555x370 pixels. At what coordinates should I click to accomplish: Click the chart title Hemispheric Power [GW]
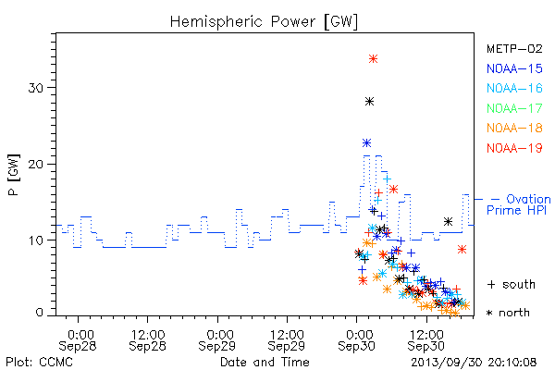click(264, 22)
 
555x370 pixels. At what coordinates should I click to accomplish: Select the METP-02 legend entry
click(514, 49)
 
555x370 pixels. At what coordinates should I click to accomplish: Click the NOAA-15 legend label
click(514, 68)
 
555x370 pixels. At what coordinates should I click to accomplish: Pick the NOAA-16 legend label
click(514, 88)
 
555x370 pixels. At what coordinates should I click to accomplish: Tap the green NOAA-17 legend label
click(514, 108)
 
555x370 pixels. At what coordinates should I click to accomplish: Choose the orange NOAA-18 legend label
click(514, 128)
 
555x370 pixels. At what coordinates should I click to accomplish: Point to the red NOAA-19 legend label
click(514, 148)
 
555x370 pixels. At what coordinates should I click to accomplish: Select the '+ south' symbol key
click(512, 284)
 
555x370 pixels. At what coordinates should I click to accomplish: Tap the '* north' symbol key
click(508, 313)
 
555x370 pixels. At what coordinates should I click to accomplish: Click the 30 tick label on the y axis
click(36, 88)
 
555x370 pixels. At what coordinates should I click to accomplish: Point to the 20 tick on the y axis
click(36, 165)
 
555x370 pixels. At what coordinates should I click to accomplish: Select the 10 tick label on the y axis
click(36, 240)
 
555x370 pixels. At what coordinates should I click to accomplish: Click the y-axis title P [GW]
click(14, 175)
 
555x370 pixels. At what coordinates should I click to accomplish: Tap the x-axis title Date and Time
click(265, 363)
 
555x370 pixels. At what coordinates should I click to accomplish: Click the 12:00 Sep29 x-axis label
click(287, 340)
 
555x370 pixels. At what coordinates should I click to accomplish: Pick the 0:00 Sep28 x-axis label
click(78, 340)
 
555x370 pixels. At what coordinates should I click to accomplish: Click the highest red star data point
click(373, 59)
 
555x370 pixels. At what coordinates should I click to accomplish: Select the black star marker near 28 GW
click(369, 102)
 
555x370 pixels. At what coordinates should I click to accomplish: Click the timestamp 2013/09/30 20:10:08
click(474, 363)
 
